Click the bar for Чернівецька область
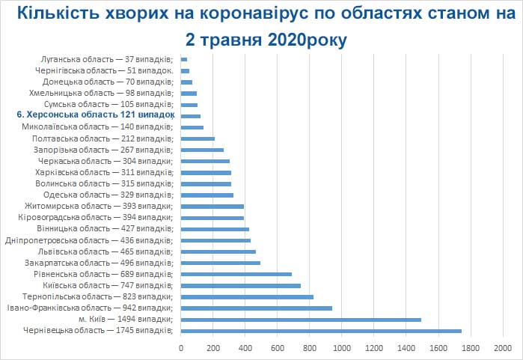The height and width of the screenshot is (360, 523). click(x=321, y=331)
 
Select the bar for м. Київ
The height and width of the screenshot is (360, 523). click(x=301, y=320)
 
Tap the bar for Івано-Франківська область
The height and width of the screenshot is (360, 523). click(x=256, y=308)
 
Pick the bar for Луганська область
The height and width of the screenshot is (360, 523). click(x=183, y=59)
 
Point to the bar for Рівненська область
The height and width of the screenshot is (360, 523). click(x=236, y=274)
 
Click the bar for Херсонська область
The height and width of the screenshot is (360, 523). click(x=190, y=116)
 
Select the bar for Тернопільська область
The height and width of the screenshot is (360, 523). click(x=247, y=297)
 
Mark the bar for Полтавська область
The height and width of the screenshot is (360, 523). click(x=198, y=138)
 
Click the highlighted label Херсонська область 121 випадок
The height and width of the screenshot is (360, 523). click(x=95, y=116)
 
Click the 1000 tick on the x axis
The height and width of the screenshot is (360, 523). click(x=342, y=348)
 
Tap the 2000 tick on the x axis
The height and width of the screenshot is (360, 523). click(x=504, y=348)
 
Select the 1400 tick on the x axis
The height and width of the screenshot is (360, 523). click(x=406, y=348)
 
